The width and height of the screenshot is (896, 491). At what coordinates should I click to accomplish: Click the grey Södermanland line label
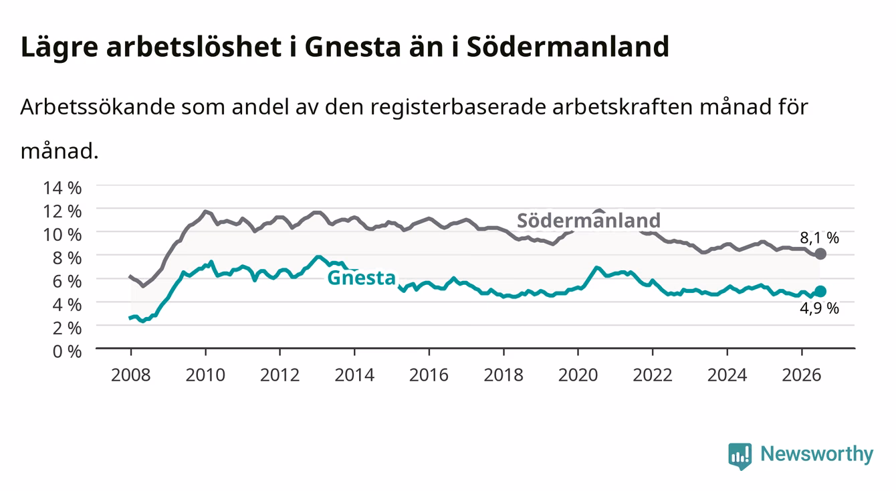588,221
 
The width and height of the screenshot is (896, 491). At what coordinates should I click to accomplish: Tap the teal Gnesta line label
362,278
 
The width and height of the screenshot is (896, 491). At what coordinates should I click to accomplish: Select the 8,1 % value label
819,237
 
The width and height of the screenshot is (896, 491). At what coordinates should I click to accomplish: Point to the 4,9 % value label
819,308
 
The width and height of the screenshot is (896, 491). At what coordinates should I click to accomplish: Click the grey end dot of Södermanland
820,254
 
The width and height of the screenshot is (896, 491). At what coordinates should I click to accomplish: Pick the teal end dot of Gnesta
820,291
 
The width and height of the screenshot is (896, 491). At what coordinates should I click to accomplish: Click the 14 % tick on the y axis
62,188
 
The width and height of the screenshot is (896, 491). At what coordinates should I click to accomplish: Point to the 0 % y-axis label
67,351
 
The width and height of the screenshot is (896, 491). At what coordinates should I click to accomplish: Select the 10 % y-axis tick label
62,235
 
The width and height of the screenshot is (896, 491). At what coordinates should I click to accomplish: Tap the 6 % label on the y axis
67,282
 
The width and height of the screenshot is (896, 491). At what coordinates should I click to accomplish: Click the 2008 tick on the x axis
131,375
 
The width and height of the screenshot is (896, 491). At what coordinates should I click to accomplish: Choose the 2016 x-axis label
429,375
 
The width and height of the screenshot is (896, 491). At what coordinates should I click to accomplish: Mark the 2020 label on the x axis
578,375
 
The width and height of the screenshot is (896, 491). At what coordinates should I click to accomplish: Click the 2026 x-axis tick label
802,375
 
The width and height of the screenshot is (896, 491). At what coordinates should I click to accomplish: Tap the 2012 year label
280,375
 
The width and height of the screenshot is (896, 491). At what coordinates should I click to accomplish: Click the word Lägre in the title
60,47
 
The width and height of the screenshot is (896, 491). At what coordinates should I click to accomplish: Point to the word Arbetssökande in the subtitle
98,107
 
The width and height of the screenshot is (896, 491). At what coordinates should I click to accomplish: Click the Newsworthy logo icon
740,456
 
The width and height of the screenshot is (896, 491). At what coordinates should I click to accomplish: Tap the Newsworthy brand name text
817,454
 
